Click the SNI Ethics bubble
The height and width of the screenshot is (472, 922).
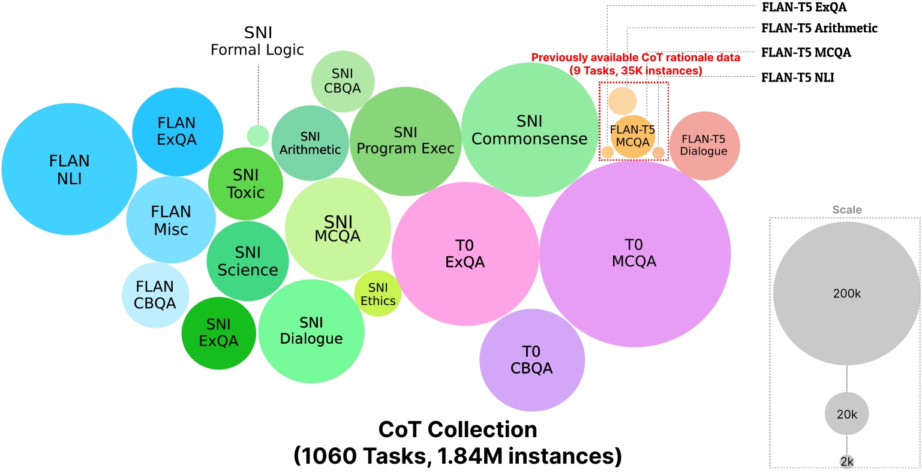[x=378, y=294]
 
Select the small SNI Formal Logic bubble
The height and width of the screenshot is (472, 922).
[x=258, y=135]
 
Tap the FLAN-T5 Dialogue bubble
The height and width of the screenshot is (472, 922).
[x=704, y=146]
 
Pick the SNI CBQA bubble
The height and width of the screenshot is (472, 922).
[x=343, y=82]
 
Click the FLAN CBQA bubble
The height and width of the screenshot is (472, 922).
[x=155, y=295]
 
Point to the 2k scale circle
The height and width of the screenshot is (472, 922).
[x=846, y=461]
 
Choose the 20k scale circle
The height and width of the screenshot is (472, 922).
[x=846, y=414]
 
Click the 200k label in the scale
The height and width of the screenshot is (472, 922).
[x=846, y=294]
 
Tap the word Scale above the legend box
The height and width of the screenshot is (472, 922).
[x=846, y=210]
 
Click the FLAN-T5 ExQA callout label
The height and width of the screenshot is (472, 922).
[x=804, y=7]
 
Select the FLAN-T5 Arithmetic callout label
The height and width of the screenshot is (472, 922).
[x=819, y=28]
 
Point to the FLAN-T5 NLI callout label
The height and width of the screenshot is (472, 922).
[x=797, y=77]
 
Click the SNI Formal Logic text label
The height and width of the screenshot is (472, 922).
[x=258, y=41]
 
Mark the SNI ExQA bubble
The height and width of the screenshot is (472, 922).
[x=218, y=333]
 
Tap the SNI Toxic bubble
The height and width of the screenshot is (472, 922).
[x=245, y=184]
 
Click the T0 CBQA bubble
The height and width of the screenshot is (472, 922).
[x=532, y=360]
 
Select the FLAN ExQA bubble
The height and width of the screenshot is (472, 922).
[x=177, y=131]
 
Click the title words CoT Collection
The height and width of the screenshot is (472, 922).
[x=458, y=429]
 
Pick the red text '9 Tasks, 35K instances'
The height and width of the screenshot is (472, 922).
[x=635, y=71]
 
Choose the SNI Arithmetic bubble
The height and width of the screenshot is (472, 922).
[x=310, y=143]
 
